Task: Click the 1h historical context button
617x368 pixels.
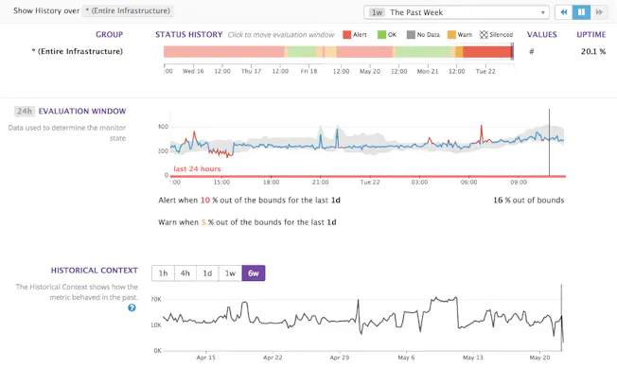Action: [163, 273]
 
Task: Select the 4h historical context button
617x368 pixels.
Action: [185, 273]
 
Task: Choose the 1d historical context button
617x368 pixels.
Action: [208, 273]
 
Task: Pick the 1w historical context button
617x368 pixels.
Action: [230, 273]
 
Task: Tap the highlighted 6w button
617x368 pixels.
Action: [254, 273]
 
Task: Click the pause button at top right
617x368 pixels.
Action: [582, 12]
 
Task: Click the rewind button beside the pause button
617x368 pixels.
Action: [564, 12]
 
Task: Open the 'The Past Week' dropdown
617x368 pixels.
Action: [456, 12]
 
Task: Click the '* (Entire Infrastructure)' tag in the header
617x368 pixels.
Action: [128, 11]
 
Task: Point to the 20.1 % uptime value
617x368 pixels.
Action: [592, 51]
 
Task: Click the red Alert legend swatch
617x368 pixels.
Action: [346, 35]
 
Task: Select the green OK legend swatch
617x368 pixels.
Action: [381, 35]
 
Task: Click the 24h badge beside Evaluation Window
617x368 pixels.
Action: [25, 112]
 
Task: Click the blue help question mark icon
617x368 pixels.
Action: [132, 307]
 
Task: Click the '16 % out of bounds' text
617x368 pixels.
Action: [528, 201]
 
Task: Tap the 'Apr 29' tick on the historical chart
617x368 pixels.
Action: [339, 358]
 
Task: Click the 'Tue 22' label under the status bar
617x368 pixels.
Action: [485, 71]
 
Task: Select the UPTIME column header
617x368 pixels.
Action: [591, 34]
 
